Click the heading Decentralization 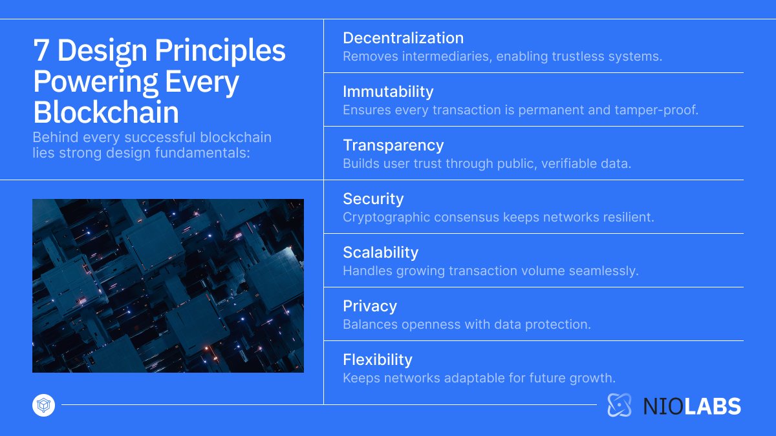[403, 38]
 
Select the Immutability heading [388, 92]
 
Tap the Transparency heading [393, 145]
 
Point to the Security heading [373, 199]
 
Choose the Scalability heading [380, 253]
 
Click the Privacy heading [369, 306]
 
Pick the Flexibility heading [377, 360]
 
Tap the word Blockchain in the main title [106, 112]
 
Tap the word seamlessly [604, 271]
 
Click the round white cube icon [43, 406]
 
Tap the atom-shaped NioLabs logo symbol [619, 405]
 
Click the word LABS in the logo [713, 406]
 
